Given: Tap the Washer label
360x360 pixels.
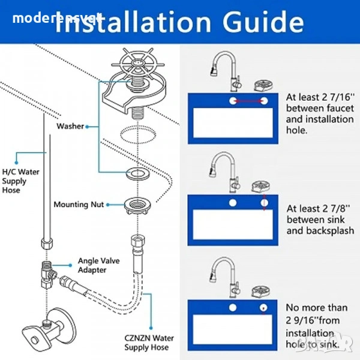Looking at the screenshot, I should tap(70, 127).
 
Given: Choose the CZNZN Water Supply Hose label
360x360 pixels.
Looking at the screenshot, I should tap(149, 342).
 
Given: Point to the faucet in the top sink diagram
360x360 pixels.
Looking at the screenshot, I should tap(226, 70).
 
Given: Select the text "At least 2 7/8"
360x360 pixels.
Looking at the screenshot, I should tap(315, 209).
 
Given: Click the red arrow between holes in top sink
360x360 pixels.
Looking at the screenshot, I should tap(248, 101).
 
